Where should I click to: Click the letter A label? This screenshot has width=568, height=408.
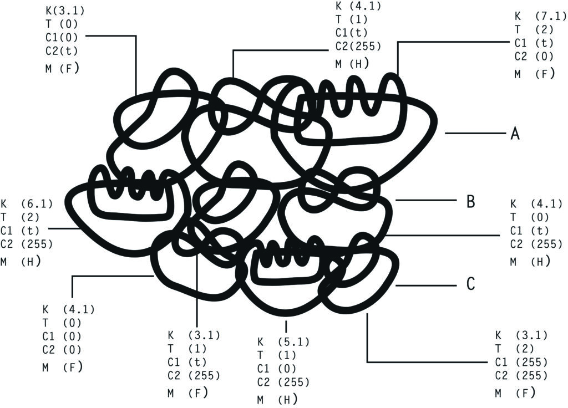[x=515, y=134]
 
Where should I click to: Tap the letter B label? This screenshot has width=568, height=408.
[x=470, y=201]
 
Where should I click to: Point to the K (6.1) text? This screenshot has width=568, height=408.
[x=27, y=204]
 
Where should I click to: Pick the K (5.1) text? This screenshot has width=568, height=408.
[x=283, y=341]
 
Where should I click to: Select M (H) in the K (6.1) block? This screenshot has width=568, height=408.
[x=21, y=261]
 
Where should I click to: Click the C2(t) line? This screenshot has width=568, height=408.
[x=62, y=50]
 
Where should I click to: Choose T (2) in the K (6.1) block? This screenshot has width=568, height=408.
[x=20, y=217]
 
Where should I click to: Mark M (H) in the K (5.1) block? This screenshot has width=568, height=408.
[x=277, y=399]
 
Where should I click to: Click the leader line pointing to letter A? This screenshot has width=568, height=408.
[x=475, y=133]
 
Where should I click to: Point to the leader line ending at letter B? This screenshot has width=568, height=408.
[x=426, y=200]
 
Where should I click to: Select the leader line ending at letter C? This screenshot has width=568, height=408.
[x=426, y=285]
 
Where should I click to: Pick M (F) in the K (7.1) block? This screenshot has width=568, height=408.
[x=534, y=74]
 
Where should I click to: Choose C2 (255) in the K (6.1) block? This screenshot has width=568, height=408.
[x=27, y=244]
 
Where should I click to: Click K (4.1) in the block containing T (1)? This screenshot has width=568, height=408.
[x=358, y=6]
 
